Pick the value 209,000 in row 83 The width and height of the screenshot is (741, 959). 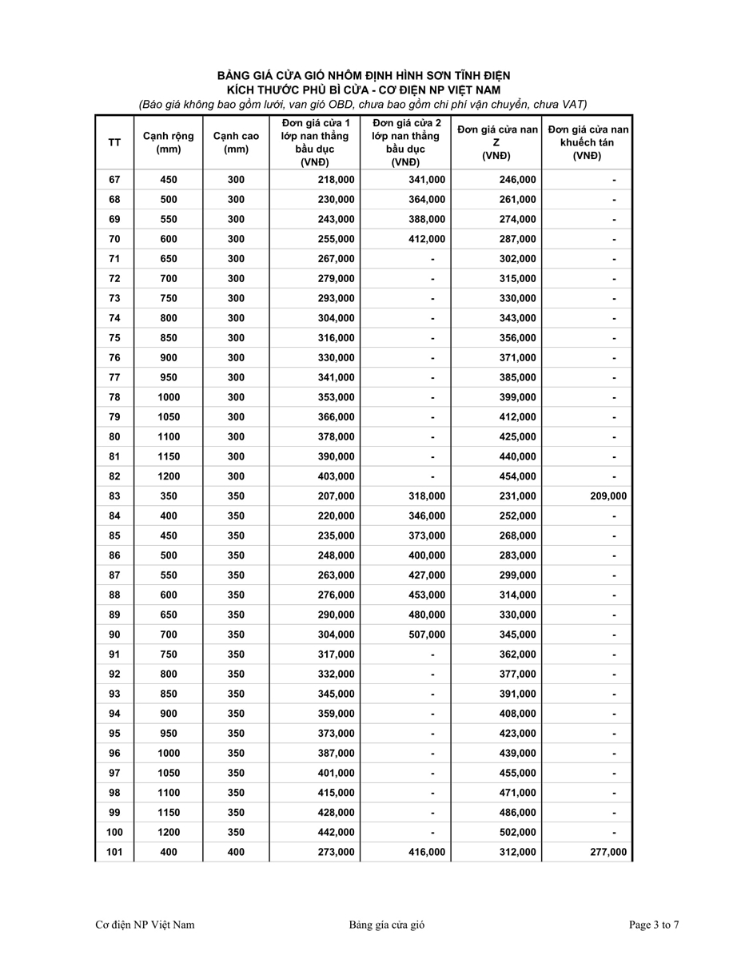607,496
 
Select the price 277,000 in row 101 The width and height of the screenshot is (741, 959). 607,853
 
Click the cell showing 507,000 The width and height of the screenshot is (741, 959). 426,635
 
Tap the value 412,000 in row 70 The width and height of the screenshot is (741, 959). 426,239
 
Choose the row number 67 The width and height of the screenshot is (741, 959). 114,180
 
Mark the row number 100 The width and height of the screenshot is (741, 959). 114,833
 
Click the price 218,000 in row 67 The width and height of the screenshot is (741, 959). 335,180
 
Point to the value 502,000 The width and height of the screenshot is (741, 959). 517,833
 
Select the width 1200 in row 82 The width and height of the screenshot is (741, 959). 169,476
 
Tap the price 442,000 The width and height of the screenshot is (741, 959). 335,833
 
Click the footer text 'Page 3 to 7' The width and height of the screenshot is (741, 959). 654,925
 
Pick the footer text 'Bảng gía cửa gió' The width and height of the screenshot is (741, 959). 386,925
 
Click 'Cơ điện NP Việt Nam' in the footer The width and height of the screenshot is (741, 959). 145,925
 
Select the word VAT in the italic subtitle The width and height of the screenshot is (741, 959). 575,104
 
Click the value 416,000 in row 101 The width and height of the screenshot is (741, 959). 426,853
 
